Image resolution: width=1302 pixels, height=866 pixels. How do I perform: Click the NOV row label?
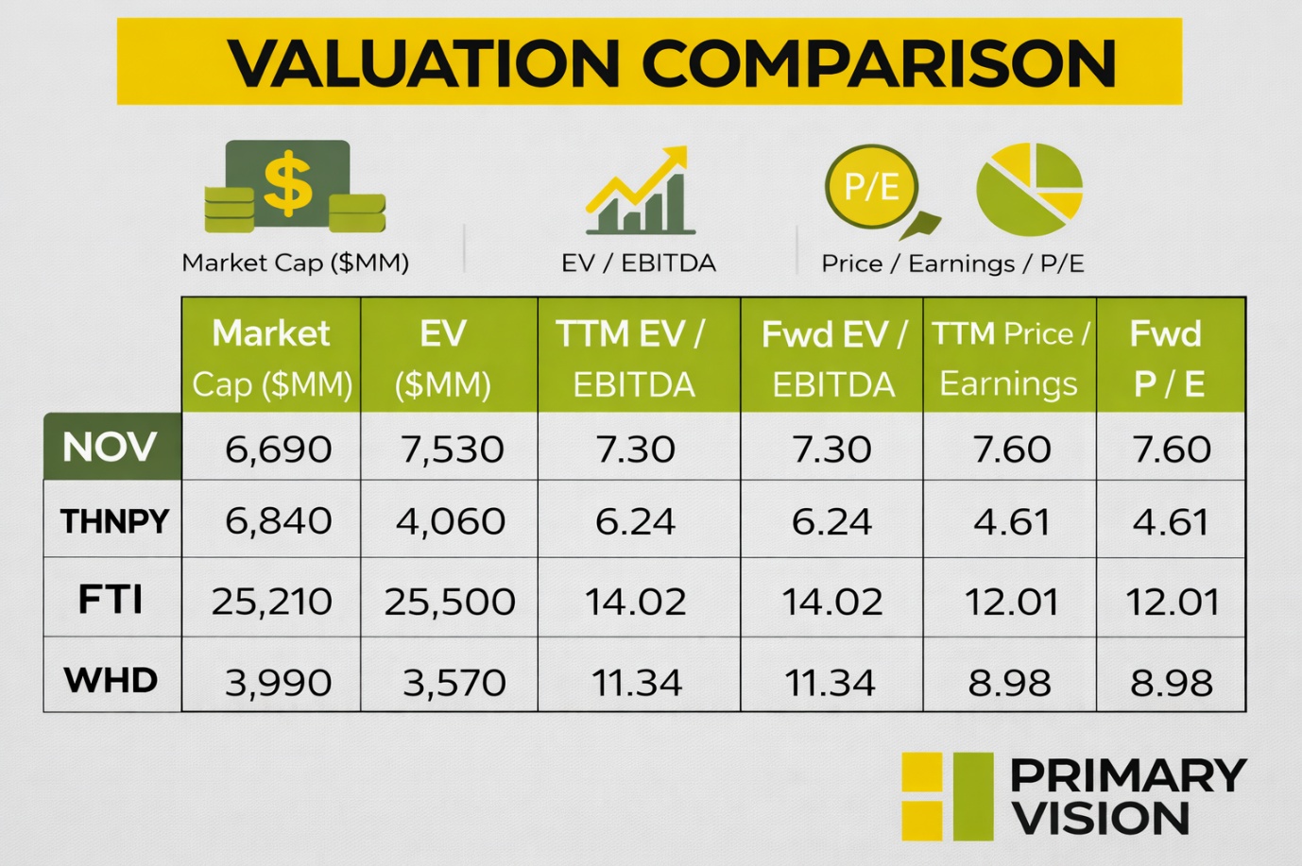tap(111, 447)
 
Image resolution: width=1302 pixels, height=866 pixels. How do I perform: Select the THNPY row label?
tap(113, 520)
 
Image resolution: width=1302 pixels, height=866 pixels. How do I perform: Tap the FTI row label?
tap(111, 600)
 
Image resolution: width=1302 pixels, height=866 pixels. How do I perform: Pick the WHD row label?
tap(111, 680)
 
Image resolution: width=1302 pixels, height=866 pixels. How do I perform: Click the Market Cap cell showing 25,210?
tap(271, 601)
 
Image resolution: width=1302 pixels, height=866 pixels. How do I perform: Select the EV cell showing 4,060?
tap(450, 520)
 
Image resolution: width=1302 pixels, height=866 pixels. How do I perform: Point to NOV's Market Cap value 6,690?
tap(278, 449)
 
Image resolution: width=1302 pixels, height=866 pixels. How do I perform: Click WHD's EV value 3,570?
tap(454, 682)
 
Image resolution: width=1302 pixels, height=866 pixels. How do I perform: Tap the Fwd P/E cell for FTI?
tap(1172, 601)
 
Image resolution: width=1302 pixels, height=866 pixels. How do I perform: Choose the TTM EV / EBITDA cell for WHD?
tap(636, 682)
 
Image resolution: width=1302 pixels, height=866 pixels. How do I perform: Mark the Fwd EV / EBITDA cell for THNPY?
tap(831, 520)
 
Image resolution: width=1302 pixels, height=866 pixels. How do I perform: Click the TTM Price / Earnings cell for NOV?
tap(1011, 449)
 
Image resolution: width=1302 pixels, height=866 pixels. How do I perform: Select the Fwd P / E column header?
tap(1169, 357)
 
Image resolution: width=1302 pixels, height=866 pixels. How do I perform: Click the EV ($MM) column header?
tap(443, 357)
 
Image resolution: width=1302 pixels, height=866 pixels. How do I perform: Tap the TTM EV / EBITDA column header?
tap(632, 357)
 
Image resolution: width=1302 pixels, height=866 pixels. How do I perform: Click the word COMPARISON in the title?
tap(880, 63)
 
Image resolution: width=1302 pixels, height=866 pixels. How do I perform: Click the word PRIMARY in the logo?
tap(1128, 776)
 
